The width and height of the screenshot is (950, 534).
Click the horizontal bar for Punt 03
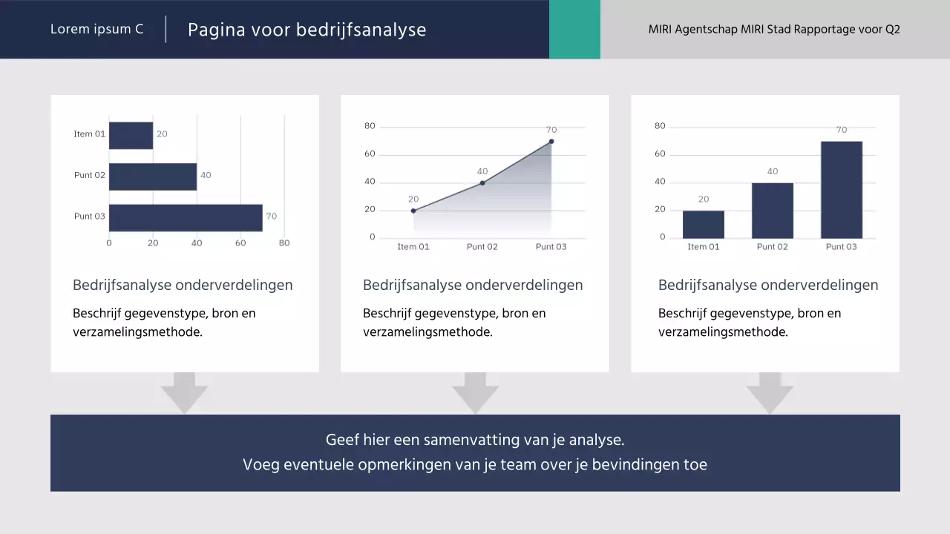(x=186, y=217)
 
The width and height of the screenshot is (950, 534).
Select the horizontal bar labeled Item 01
(x=131, y=135)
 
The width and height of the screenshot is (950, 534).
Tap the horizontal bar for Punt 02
(x=153, y=177)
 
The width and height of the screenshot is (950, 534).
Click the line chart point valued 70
(x=551, y=141)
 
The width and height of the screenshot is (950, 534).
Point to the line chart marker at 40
(x=482, y=182)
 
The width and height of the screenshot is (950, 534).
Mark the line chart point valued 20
(x=413, y=211)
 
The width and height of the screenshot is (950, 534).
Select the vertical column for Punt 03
(x=841, y=189)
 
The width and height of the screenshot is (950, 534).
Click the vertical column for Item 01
(x=703, y=224)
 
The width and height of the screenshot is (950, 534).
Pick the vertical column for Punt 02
(x=772, y=210)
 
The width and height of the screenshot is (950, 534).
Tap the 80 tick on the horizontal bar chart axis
(x=284, y=243)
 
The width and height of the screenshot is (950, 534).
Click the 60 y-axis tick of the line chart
(x=370, y=154)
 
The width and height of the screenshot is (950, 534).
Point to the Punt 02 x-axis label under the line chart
(x=482, y=247)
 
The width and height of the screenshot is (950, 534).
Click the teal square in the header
(x=574, y=29)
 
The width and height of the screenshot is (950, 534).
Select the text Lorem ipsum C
(x=96, y=30)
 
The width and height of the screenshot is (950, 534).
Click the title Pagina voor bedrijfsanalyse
(x=307, y=30)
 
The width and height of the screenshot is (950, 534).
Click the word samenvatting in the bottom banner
(x=471, y=440)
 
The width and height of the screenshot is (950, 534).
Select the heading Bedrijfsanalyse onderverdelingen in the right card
(x=767, y=286)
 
